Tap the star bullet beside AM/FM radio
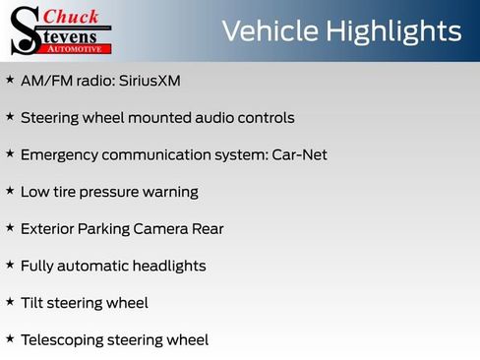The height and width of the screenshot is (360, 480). [x=10, y=79]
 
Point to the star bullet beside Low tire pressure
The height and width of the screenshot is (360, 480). [x=10, y=191]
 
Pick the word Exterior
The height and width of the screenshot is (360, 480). [x=48, y=228]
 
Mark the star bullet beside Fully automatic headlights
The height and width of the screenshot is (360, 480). [x=10, y=265]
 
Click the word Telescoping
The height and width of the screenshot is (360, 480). [x=63, y=340]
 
